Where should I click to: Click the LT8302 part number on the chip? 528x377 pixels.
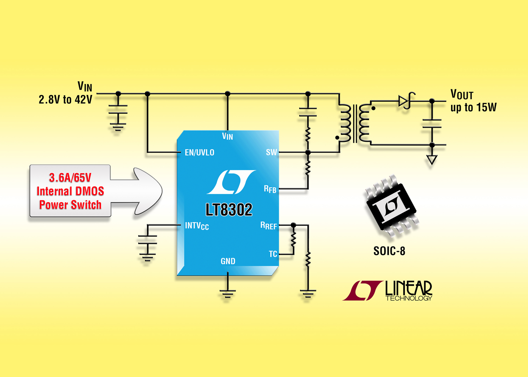click(x=229, y=210)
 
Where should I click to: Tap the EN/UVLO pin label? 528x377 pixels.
click(x=199, y=153)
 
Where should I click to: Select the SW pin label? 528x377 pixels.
click(x=271, y=152)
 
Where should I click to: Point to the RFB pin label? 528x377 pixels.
click(x=270, y=189)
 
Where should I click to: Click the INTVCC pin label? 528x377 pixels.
click(x=197, y=226)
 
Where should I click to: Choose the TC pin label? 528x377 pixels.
click(x=273, y=254)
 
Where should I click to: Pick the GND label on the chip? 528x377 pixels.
click(x=228, y=261)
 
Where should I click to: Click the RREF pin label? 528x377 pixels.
click(x=268, y=226)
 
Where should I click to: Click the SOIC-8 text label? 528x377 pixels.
click(x=389, y=251)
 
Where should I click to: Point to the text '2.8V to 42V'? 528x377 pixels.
click(x=65, y=100)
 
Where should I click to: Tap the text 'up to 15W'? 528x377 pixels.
click(x=473, y=108)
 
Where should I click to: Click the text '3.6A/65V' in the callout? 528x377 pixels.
click(x=70, y=178)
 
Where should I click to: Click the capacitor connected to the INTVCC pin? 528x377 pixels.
click(x=147, y=240)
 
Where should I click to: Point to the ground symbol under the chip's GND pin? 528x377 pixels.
click(x=227, y=294)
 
